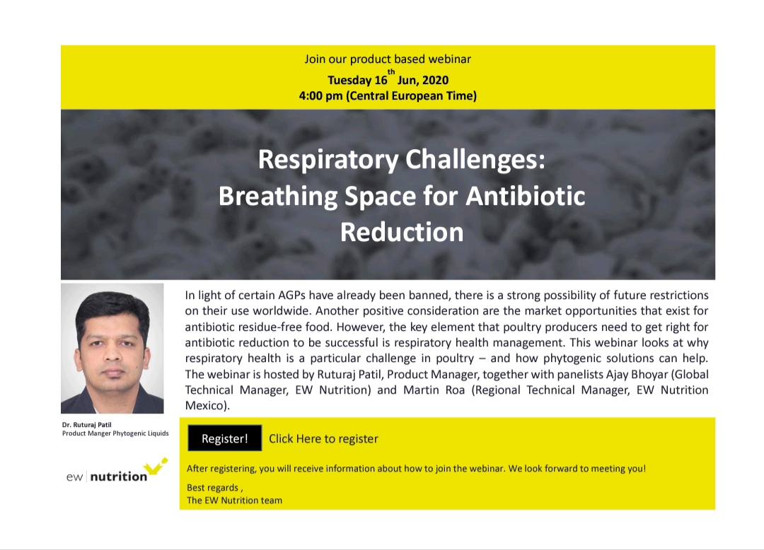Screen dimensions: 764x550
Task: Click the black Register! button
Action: tap(225, 438)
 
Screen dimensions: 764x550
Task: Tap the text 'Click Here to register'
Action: tap(323, 438)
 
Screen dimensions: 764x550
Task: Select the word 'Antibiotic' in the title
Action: tap(525, 196)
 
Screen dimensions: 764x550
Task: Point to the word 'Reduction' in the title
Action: tap(402, 232)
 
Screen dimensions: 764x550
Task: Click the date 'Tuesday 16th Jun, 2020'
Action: tap(388, 79)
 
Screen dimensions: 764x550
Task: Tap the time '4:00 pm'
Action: tap(320, 96)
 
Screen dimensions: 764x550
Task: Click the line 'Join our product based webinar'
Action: tap(388, 59)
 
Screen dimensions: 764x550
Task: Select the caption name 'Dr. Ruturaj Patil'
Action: tap(87, 424)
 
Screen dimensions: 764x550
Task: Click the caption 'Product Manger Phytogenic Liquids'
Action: tap(115, 433)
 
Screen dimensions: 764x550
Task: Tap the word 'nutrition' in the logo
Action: tap(119, 476)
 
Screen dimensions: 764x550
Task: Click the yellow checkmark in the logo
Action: tap(158, 466)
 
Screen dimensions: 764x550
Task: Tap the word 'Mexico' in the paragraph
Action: tap(204, 406)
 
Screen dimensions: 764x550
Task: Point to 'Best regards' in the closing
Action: tap(212, 488)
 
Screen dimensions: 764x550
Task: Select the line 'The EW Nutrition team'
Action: tap(234, 501)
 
